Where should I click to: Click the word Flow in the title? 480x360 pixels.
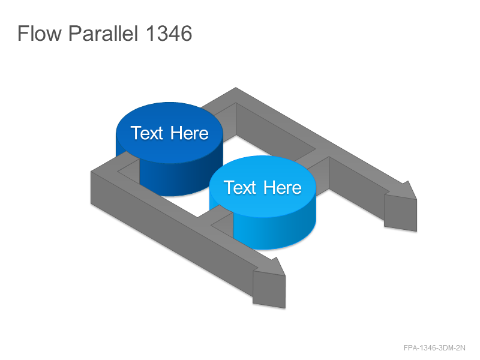pyautogui.click(x=39, y=33)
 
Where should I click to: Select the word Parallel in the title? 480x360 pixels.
pyautogui.click(x=103, y=33)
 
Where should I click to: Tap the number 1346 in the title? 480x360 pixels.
pyautogui.click(x=169, y=33)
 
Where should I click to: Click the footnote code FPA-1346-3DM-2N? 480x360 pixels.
pyautogui.click(x=434, y=348)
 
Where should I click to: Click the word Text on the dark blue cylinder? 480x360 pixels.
pyautogui.click(x=146, y=133)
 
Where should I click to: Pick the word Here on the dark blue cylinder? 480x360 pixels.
pyautogui.click(x=190, y=133)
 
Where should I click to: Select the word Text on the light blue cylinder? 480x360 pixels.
pyautogui.click(x=239, y=187)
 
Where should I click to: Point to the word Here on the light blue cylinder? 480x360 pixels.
pyautogui.click(x=283, y=187)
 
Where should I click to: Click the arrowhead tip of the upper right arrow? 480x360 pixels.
pyautogui.click(x=416, y=199)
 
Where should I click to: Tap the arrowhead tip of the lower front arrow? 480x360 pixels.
pyautogui.click(x=286, y=276)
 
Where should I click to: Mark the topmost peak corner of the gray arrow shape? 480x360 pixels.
pyautogui.click(x=236, y=88)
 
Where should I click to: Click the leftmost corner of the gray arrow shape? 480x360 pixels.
pyautogui.click(x=91, y=172)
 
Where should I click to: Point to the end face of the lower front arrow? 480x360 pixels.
pyautogui.click(x=269, y=289)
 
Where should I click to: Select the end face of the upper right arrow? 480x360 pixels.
pyautogui.click(x=400, y=213)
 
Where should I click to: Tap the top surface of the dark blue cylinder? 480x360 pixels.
pyautogui.click(x=169, y=133)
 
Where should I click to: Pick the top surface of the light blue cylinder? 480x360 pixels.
pyautogui.click(x=263, y=187)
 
